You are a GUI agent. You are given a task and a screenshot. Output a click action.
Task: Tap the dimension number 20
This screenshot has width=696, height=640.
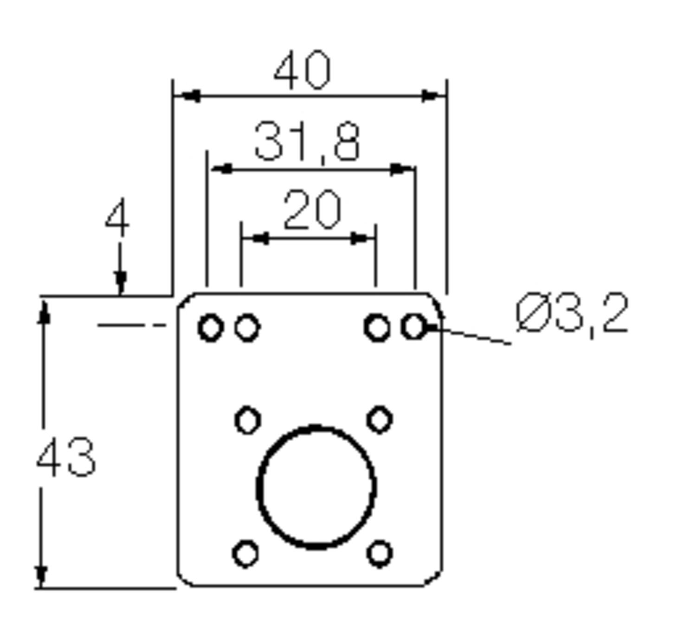[312, 211]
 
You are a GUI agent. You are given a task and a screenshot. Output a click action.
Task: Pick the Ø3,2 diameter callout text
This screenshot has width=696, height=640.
[572, 314]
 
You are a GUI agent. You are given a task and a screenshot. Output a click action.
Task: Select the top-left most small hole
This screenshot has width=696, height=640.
[210, 328]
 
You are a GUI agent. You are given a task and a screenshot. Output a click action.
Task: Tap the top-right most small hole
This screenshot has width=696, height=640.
[413, 327]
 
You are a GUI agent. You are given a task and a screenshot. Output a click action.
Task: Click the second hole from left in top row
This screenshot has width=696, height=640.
[247, 328]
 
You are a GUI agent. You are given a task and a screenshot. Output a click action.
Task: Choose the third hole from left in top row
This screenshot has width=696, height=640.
[377, 328]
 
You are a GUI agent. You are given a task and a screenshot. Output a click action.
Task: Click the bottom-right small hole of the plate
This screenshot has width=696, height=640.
[380, 553]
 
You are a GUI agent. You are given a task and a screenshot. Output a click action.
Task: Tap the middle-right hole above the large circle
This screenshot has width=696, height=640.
[380, 420]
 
